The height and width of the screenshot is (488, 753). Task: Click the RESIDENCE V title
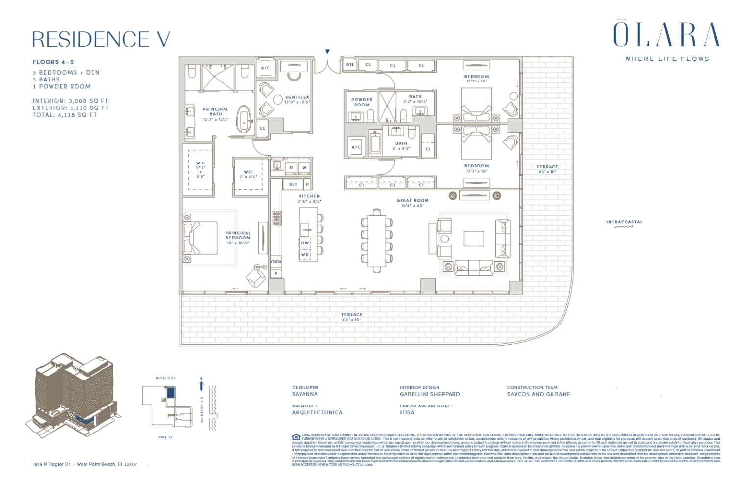click(x=101, y=39)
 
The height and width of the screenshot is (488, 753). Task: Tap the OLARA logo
click(x=666, y=35)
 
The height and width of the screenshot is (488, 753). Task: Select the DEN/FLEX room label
click(x=297, y=97)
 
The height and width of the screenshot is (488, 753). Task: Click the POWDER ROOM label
click(x=361, y=102)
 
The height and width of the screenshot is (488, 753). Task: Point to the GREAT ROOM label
click(x=412, y=200)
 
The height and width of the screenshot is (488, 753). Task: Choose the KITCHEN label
click(x=309, y=196)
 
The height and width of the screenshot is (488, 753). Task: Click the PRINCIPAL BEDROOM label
click(x=238, y=235)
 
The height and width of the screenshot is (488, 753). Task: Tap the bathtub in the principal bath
click(x=243, y=119)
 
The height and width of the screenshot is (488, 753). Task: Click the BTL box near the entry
click(x=350, y=65)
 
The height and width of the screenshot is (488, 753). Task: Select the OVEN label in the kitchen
click(x=276, y=262)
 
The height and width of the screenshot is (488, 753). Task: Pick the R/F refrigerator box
click(x=293, y=185)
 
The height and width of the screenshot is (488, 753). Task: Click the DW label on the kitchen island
click(x=305, y=243)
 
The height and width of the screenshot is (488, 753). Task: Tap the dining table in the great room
click(x=376, y=241)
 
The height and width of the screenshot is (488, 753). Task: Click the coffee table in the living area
click(x=474, y=239)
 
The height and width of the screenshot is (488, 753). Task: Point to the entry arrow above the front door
click(x=327, y=52)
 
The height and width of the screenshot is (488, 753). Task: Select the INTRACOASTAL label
click(x=624, y=222)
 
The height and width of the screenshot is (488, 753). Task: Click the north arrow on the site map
click(x=201, y=384)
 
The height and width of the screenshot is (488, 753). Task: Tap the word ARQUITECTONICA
click(x=317, y=413)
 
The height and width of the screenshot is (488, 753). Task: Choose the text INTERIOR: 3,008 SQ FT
click(x=71, y=101)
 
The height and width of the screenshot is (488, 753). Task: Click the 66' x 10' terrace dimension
click(x=351, y=320)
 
